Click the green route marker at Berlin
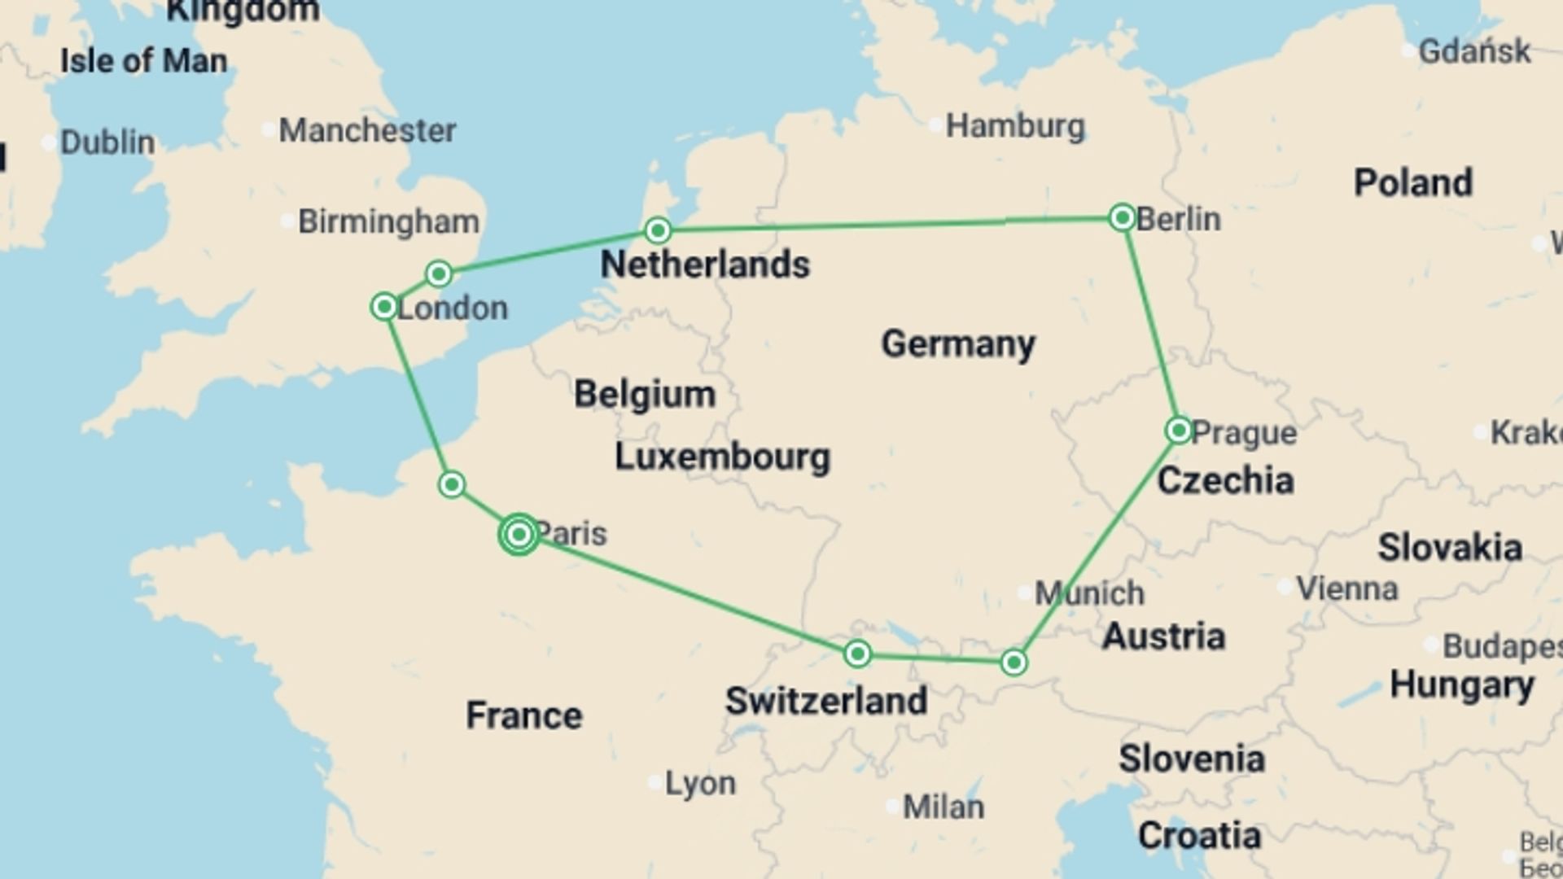pyautogui.click(x=1122, y=217)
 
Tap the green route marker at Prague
pyautogui.click(x=1178, y=431)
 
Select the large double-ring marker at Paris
pyautogui.click(x=519, y=535)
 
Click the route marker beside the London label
pyautogui.click(x=383, y=307)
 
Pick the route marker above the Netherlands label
pyautogui.click(x=658, y=231)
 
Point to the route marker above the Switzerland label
pyautogui.click(x=857, y=654)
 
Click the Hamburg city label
pyautogui.click(x=1014, y=126)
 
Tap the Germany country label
pyautogui.click(x=958, y=343)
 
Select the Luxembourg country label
pyautogui.click(x=722, y=457)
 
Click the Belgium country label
pyautogui.click(x=645, y=394)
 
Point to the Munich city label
pyautogui.click(x=1089, y=593)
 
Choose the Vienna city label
pyautogui.click(x=1346, y=588)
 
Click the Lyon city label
pyautogui.click(x=700, y=783)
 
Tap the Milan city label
pyautogui.click(x=943, y=807)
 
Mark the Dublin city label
pyautogui.click(x=107, y=142)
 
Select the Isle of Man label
pyautogui.click(x=144, y=61)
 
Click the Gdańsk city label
pyautogui.click(x=1474, y=51)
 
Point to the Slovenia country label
pyautogui.click(x=1192, y=759)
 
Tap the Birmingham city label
pyautogui.click(x=388, y=221)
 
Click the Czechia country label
pyautogui.click(x=1225, y=480)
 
